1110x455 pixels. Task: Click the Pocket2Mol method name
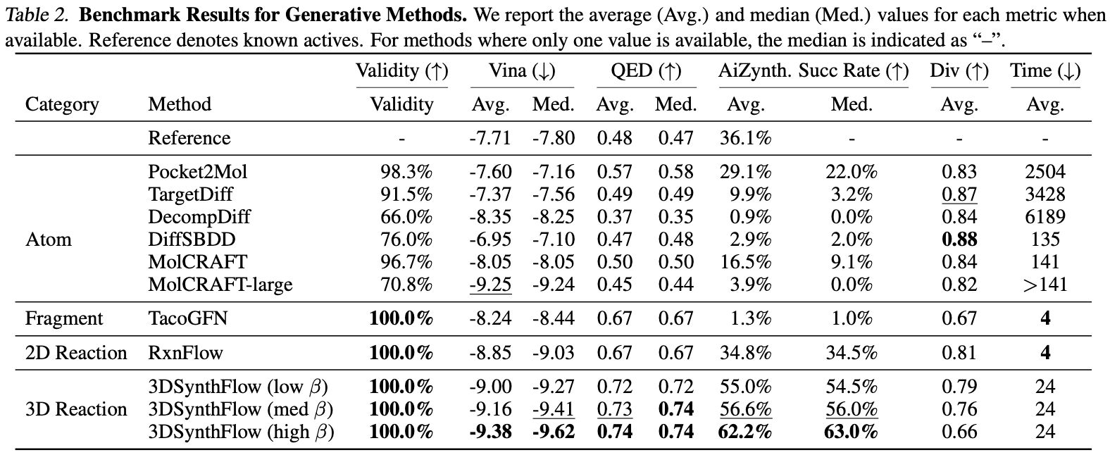click(198, 171)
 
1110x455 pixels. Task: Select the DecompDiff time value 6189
click(1045, 217)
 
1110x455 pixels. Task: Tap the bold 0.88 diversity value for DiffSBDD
click(959, 239)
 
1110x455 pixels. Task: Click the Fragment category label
click(64, 318)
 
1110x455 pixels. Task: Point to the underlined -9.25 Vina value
click(491, 285)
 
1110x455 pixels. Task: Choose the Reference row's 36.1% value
click(745, 138)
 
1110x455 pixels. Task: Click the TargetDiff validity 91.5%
click(406, 194)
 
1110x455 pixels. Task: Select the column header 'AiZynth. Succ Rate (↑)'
click(813, 71)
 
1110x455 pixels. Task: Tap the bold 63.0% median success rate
click(851, 432)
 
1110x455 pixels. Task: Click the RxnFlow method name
click(185, 353)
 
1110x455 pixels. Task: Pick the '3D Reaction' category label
click(76, 409)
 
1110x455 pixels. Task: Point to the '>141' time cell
click(1045, 285)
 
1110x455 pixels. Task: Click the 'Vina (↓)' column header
click(523, 71)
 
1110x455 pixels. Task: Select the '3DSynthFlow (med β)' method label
click(241, 409)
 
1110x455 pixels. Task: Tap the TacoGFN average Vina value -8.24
click(491, 318)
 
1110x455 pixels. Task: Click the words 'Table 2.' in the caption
click(37, 15)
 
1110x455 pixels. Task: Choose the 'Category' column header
click(62, 104)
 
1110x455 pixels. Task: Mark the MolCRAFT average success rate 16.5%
click(745, 262)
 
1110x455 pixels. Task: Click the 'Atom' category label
click(49, 239)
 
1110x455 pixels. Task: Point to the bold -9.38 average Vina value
click(491, 432)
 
